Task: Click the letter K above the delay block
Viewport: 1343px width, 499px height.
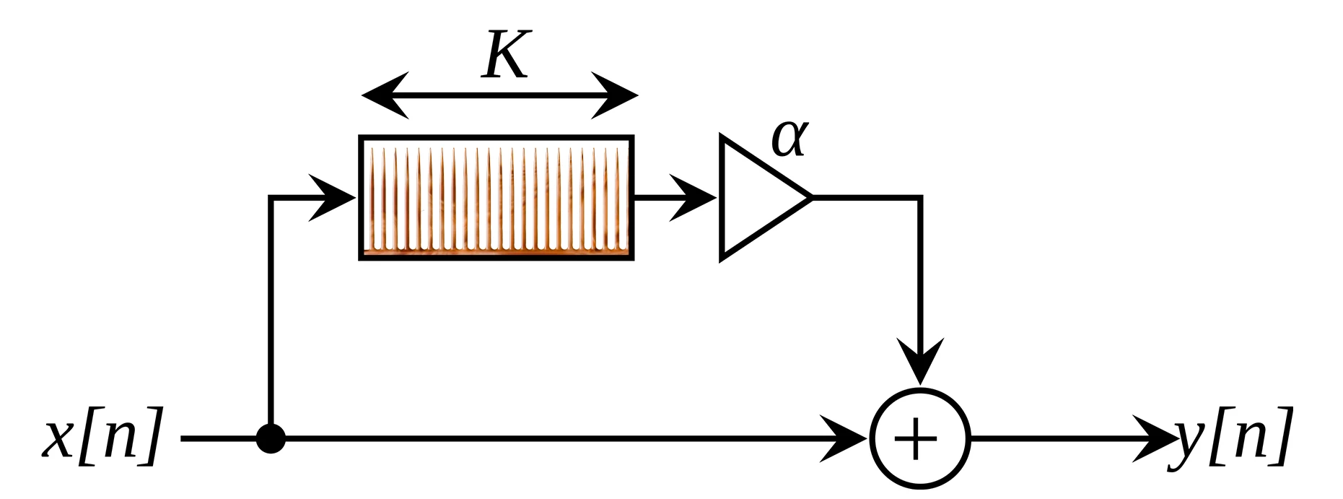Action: [507, 55]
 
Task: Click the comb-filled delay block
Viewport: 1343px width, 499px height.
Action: [496, 197]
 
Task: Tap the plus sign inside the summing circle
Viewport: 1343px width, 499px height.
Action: [920, 438]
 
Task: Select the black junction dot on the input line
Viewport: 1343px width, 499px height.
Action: [271, 438]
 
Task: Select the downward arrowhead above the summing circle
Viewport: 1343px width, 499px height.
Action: [920, 361]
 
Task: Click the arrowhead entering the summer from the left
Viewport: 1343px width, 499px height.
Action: [846, 438]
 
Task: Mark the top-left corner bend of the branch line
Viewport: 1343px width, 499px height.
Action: [271, 196]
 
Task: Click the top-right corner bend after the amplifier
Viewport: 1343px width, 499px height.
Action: [920, 196]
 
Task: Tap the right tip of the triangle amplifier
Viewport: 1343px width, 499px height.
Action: [810, 196]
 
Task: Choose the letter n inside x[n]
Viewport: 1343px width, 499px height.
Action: [116, 436]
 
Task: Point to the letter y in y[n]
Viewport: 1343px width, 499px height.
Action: [1189, 441]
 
